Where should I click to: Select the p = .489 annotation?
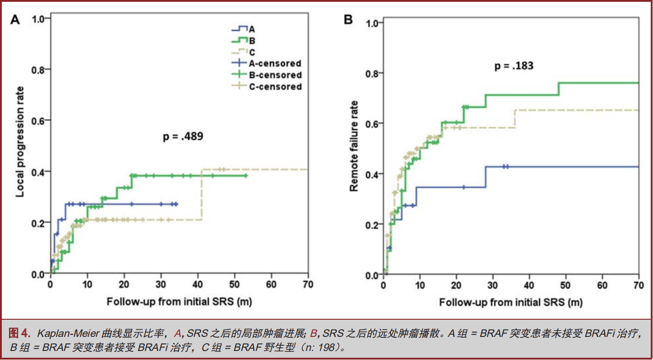(183, 136)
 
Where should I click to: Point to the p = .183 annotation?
(514, 66)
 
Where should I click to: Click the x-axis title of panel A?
(179, 301)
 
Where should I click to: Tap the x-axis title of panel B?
(511, 302)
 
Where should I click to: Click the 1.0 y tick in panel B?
(371, 23)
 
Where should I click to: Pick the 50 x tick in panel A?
(234, 284)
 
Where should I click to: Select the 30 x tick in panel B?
(493, 285)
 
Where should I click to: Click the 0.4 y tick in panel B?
(371, 174)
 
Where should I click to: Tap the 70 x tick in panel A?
(308, 284)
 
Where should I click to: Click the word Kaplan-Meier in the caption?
(66, 335)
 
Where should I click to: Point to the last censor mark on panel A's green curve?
(246, 176)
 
